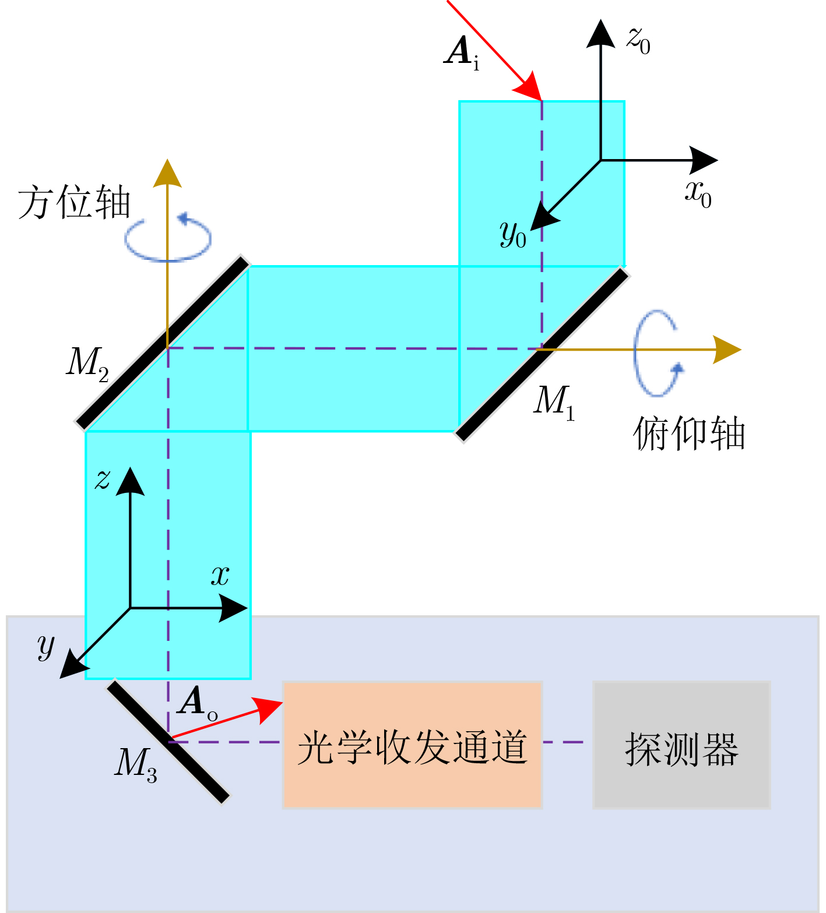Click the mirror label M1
click(x=554, y=401)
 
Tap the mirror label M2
click(x=87, y=364)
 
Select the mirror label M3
click(x=135, y=764)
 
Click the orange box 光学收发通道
click(x=412, y=745)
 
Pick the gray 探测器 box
click(x=681, y=745)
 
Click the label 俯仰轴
click(x=688, y=433)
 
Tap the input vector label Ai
click(x=462, y=52)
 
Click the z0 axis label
click(x=638, y=40)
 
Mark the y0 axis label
click(x=513, y=234)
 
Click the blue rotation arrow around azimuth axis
click(x=168, y=238)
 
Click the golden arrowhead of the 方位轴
click(x=167, y=173)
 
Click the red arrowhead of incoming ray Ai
click(x=529, y=87)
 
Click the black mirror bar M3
click(x=168, y=742)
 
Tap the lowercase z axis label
click(x=103, y=480)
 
